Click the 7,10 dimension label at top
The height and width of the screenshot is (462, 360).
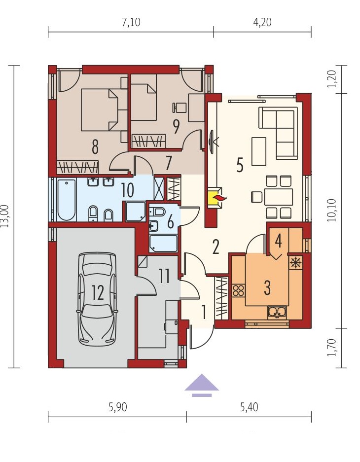click(x=131, y=22)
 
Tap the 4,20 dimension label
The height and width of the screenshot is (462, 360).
click(x=262, y=22)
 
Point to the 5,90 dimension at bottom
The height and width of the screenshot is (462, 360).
click(x=118, y=407)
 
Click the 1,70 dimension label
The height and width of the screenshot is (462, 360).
click(x=331, y=348)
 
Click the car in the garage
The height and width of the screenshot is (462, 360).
click(x=97, y=299)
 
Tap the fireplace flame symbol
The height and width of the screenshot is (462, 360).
click(x=218, y=198)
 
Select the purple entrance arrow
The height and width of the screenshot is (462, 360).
click(x=202, y=386)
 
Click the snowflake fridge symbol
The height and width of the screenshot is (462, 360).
click(x=295, y=262)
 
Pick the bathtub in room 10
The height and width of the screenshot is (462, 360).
click(x=67, y=200)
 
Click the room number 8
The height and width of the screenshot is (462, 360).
click(x=95, y=147)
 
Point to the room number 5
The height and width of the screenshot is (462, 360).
click(x=240, y=165)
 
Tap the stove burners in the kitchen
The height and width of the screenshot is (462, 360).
click(x=238, y=290)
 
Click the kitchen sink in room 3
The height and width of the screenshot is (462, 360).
click(x=277, y=313)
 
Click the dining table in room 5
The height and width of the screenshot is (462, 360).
click(x=279, y=197)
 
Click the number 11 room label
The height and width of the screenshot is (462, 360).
click(x=164, y=277)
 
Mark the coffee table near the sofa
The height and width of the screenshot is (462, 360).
click(x=259, y=151)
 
